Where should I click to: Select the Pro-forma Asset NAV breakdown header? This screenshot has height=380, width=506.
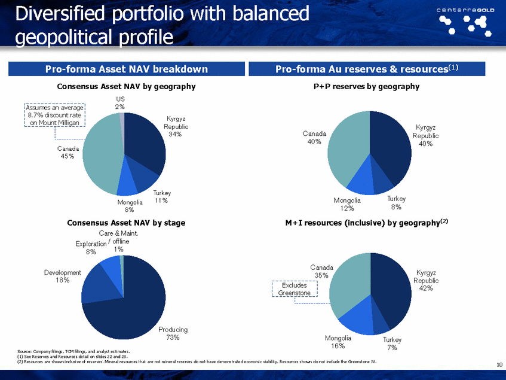point(127,69)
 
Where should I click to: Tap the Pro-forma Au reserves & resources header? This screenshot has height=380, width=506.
point(367,69)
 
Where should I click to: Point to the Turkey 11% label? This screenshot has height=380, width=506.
point(162,197)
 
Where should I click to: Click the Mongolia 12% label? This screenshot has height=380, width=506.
point(348,205)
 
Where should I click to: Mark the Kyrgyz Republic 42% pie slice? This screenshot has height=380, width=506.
point(391,287)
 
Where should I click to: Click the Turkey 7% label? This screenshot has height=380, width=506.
point(392,343)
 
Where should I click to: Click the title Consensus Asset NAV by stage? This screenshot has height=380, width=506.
point(126,223)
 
